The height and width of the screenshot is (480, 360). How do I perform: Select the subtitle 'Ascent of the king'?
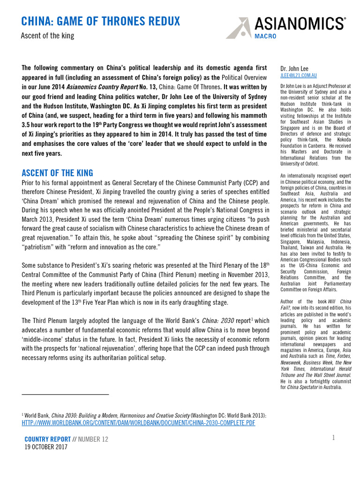click(x=48, y=36)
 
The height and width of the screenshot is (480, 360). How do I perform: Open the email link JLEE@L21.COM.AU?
click(x=298, y=75)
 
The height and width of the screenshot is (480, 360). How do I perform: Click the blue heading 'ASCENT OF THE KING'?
click(x=58, y=172)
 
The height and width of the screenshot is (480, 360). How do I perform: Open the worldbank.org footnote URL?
click(x=138, y=422)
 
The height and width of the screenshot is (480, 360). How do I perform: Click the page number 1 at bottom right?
click(x=333, y=437)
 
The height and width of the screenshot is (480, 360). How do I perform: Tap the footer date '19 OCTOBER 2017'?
click(x=46, y=447)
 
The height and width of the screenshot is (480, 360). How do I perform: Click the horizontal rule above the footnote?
click(x=65, y=395)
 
